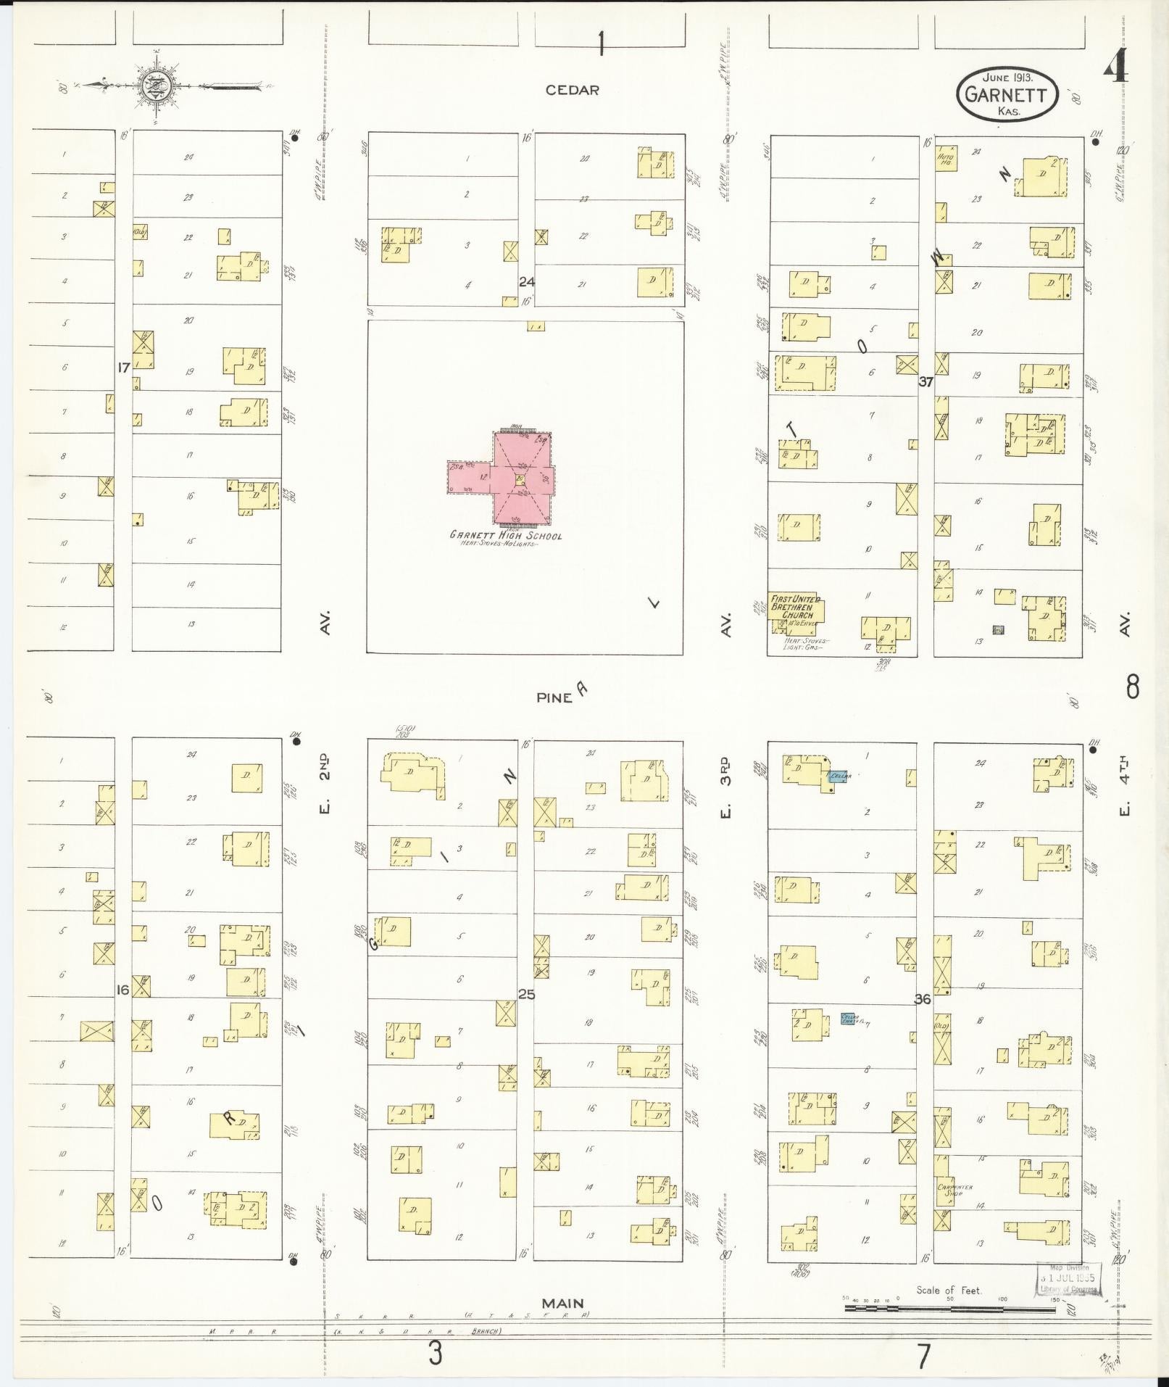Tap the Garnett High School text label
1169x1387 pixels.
coord(506,536)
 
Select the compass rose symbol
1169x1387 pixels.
coord(155,85)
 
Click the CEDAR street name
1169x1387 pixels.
coord(573,90)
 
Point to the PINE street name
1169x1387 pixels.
coord(554,697)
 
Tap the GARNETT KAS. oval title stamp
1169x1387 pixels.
coord(1007,94)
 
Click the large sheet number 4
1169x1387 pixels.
coord(1116,70)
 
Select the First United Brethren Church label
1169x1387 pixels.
coord(796,607)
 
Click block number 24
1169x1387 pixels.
coord(526,281)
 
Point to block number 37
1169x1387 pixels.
coord(925,381)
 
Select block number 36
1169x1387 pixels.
coord(922,999)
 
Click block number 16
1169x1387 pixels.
coord(122,989)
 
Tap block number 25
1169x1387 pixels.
coord(526,994)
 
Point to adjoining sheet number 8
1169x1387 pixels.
coord(1132,687)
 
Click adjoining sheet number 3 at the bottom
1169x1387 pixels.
coord(434,1353)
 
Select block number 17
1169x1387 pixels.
coord(124,368)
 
